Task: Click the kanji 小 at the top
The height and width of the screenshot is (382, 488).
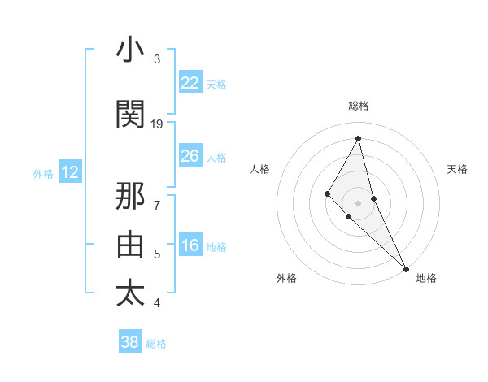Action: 131,50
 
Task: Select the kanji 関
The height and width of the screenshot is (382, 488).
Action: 131,115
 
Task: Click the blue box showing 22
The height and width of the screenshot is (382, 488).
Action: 190,83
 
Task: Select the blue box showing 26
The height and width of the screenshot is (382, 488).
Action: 190,156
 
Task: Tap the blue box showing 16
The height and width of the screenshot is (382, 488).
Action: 190,246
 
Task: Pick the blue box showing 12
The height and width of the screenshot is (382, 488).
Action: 69,172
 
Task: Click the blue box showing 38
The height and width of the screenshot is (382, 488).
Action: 129,342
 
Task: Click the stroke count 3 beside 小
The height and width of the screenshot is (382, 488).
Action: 157,59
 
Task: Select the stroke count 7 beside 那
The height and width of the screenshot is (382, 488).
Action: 157,198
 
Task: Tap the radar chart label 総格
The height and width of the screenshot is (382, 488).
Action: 359,106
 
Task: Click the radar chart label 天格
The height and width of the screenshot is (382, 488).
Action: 457,169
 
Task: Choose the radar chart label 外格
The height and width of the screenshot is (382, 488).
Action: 286,278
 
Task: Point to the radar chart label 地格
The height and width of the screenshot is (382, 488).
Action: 426,278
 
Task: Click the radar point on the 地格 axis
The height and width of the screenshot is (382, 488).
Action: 406,267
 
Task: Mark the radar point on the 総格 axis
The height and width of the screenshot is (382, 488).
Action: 359,137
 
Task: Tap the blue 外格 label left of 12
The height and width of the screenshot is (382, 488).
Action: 43,173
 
